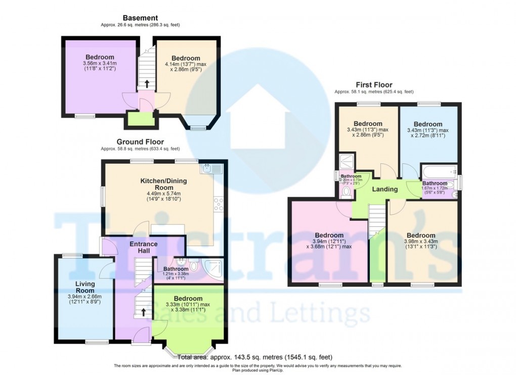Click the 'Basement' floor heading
[x=140, y=18]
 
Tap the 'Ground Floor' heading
[x=140, y=142]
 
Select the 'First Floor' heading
[x=374, y=85]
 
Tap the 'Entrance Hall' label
[x=143, y=248]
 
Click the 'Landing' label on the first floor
[x=385, y=190]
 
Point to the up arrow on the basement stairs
[x=147, y=83]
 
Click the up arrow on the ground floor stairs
[x=143, y=312]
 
